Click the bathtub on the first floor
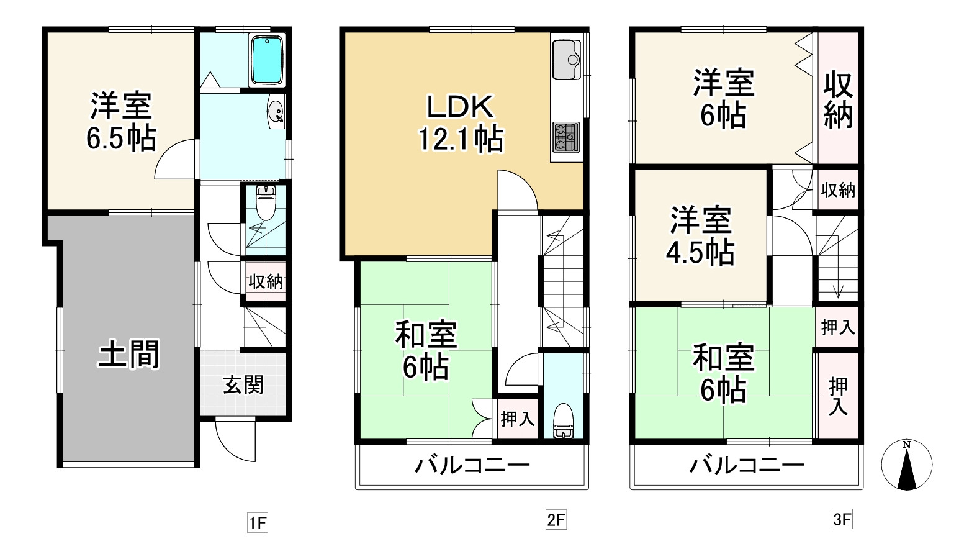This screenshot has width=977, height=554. [266, 60]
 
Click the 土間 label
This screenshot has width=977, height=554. [129, 354]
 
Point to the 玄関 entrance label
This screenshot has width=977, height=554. [243, 385]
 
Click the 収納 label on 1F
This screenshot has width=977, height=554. [266, 282]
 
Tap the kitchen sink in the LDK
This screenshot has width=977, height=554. [565, 60]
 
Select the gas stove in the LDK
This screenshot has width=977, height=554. [565, 137]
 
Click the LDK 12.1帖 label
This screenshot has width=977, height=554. [460, 123]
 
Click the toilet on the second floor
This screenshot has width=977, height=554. [564, 421]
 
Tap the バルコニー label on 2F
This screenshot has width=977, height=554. [472, 465]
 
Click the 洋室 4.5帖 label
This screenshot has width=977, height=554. [700, 236]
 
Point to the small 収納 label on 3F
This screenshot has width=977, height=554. [838, 190]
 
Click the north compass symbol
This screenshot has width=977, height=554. [907, 465]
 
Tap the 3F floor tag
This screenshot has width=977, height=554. [842, 519]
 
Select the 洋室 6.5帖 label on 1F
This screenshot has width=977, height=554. [120, 121]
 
